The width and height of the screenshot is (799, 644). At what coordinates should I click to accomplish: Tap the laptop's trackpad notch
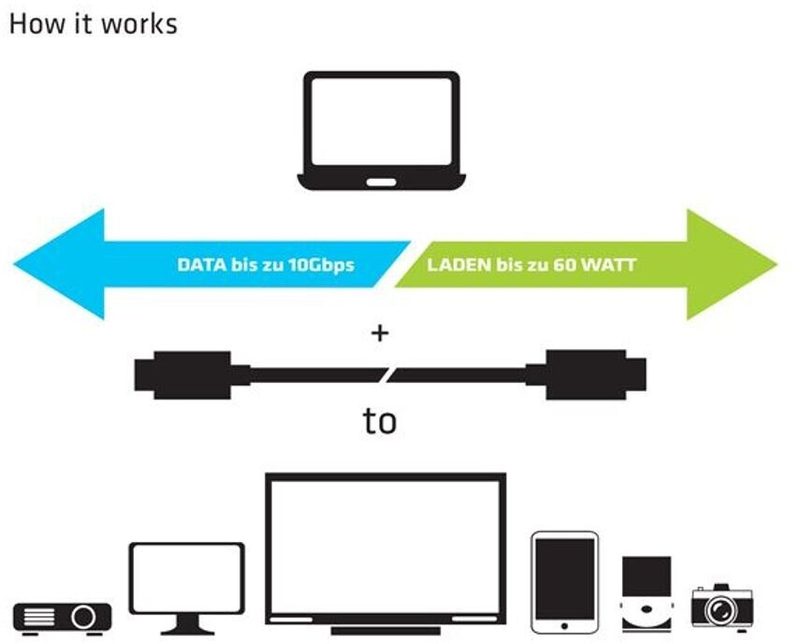tap(381, 182)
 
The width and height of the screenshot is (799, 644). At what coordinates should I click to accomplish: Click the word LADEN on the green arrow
tap(458, 265)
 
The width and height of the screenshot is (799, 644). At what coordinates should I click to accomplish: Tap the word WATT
tap(609, 265)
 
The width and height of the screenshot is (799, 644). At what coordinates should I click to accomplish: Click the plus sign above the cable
tap(380, 332)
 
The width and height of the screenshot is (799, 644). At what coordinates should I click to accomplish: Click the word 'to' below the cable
tap(380, 421)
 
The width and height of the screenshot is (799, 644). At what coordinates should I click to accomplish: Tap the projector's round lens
tap(82, 617)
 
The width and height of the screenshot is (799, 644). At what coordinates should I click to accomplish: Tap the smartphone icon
tap(564, 582)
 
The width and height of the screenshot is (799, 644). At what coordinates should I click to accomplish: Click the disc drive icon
tap(646, 594)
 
